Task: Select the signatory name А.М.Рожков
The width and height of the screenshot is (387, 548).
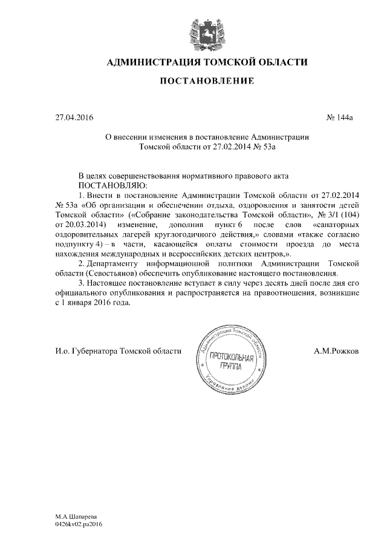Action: coord(336,351)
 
